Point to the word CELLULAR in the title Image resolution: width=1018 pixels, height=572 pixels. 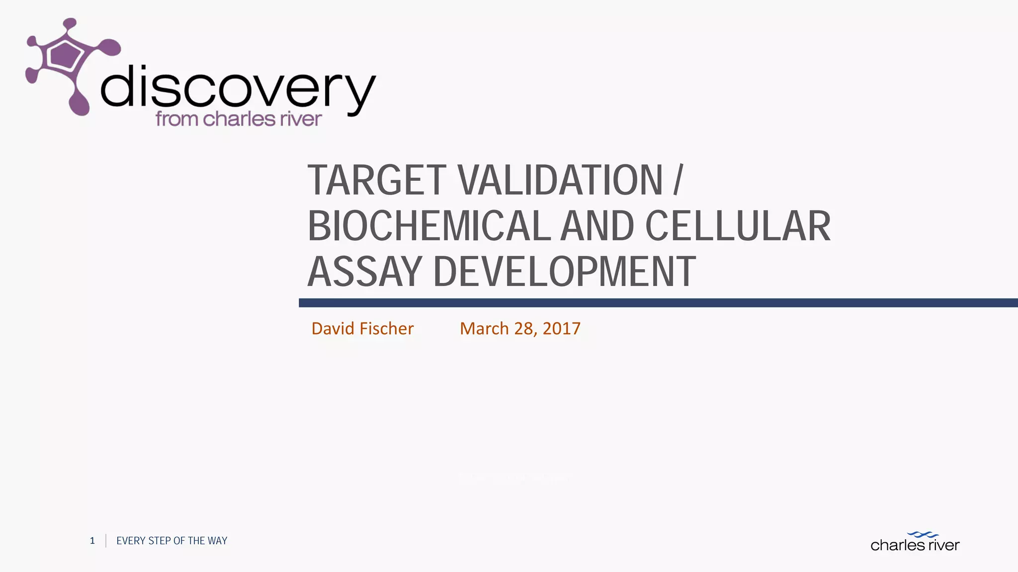(738, 226)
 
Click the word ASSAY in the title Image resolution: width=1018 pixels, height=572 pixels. (365, 272)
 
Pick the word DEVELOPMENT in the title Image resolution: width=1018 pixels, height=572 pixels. (564, 272)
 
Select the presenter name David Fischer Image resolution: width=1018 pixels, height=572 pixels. (362, 329)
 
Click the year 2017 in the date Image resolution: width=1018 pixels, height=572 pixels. (561, 329)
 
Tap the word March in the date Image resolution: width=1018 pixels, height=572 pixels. (484, 329)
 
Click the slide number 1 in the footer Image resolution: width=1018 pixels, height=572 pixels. (92, 541)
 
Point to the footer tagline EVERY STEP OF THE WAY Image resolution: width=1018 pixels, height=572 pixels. (171, 541)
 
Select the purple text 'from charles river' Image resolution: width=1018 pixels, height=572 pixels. (239, 119)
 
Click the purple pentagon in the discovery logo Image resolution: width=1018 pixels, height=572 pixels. (63, 55)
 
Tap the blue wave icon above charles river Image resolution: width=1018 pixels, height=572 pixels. (923, 535)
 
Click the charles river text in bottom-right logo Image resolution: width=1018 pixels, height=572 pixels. (915, 545)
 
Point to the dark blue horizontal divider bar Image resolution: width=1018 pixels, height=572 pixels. (658, 303)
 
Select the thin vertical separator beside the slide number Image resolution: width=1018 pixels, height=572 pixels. (106, 541)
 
